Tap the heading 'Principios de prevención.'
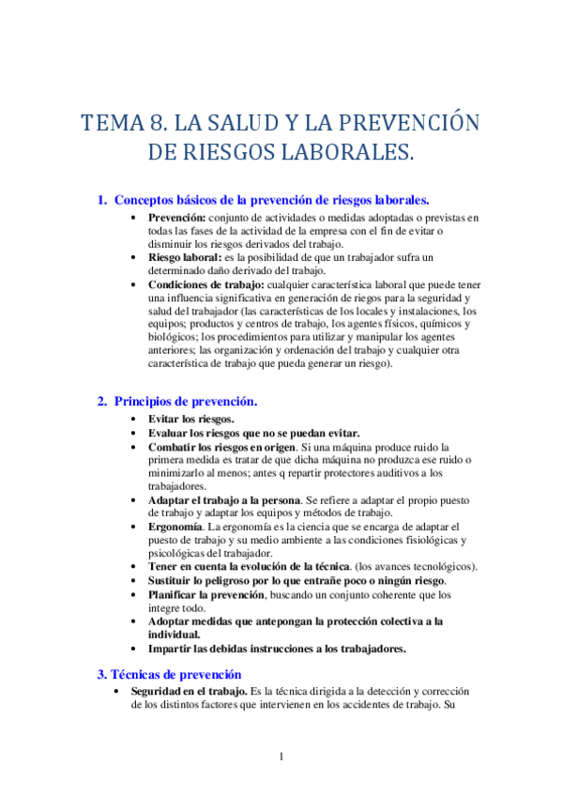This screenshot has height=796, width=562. pyautogui.click(x=186, y=401)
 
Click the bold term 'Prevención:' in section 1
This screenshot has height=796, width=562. pyautogui.click(x=177, y=218)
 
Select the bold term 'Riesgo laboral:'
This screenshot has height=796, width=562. pyautogui.click(x=185, y=257)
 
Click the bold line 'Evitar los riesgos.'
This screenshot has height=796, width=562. pyautogui.click(x=191, y=419)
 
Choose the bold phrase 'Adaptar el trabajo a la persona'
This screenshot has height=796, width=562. pyautogui.click(x=223, y=500)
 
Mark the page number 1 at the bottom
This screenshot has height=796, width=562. pyautogui.click(x=281, y=757)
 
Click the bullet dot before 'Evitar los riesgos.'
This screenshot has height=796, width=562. pyautogui.click(x=137, y=419)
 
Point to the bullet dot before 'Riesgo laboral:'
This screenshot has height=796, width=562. pyautogui.click(x=137, y=257)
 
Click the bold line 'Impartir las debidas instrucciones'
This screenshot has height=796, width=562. pyautogui.click(x=276, y=649)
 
